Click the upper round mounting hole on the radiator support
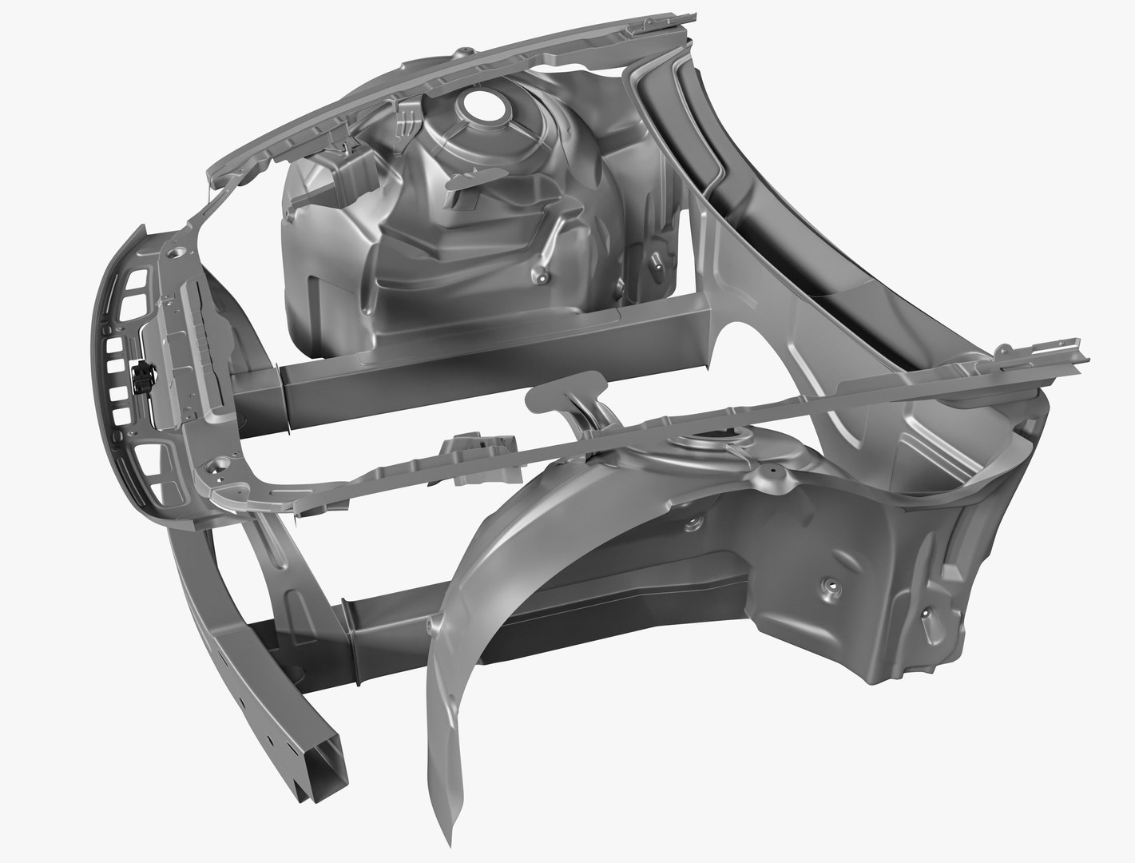point(175,255)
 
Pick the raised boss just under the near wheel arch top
point(692,523)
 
